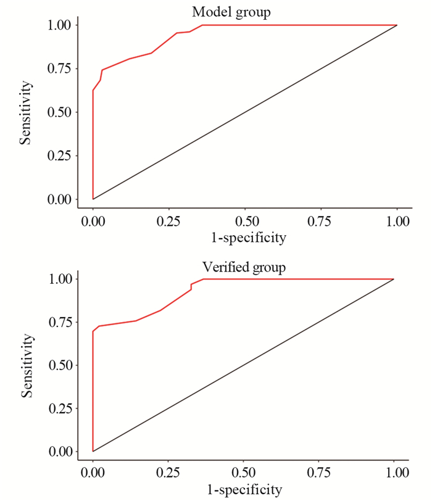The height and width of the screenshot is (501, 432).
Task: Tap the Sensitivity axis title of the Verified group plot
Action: (x=25, y=365)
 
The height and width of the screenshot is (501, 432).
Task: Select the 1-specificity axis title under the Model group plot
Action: (x=245, y=238)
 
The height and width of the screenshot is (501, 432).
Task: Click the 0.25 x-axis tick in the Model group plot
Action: (x=169, y=222)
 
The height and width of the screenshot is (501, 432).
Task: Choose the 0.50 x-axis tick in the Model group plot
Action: (x=245, y=222)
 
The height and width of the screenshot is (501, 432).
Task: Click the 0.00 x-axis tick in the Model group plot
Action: (x=93, y=222)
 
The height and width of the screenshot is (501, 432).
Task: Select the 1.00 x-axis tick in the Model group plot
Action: (x=396, y=222)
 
